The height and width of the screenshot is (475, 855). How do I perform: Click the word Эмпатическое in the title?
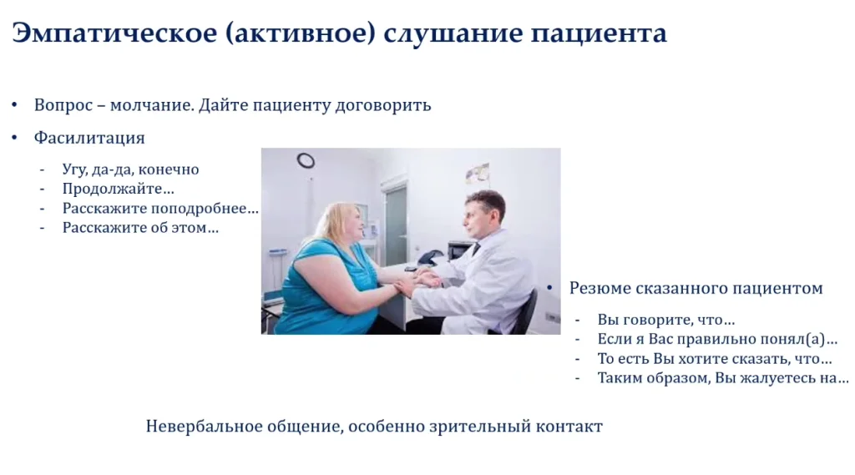(x=114, y=34)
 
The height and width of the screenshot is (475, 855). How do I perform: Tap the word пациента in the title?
(x=599, y=34)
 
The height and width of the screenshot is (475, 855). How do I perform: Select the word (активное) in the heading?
(x=300, y=34)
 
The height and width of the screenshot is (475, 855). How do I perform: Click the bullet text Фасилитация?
(x=89, y=138)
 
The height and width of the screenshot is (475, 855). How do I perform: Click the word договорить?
(x=382, y=105)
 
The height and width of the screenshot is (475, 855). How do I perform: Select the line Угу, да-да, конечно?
(x=130, y=169)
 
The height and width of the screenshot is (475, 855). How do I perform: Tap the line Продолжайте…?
(x=118, y=189)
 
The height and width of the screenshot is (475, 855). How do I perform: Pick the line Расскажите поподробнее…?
(x=160, y=209)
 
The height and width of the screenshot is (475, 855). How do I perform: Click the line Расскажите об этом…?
(x=140, y=227)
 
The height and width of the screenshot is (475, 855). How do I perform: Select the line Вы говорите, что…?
(x=665, y=320)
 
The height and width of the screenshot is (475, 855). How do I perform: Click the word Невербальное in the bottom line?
(x=204, y=426)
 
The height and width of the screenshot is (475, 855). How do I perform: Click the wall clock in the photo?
(x=306, y=160)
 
